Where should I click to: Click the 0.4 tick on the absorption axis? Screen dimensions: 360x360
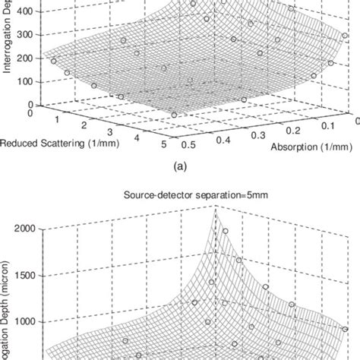[x=224, y=138]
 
